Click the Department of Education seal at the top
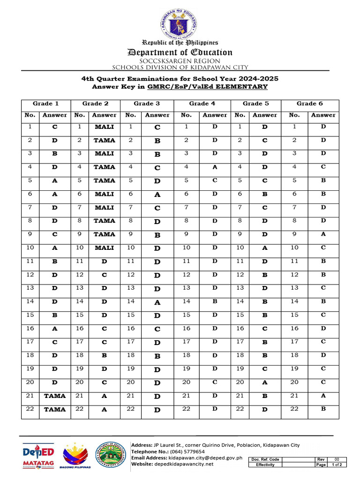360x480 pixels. point(180,21)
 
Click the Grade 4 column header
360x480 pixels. point(202,104)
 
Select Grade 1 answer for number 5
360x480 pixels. point(55,180)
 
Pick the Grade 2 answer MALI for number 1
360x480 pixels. point(104,127)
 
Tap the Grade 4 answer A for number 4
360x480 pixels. point(215,167)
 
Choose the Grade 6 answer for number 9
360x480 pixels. point(323,234)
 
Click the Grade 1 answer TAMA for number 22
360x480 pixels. point(55,409)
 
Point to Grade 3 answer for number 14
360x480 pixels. point(157,303)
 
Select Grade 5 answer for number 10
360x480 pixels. point(265,248)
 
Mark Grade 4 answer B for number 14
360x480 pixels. point(215,302)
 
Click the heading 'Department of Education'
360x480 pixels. point(180,52)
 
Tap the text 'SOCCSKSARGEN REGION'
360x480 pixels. point(180,61)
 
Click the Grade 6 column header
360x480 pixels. point(309,104)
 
